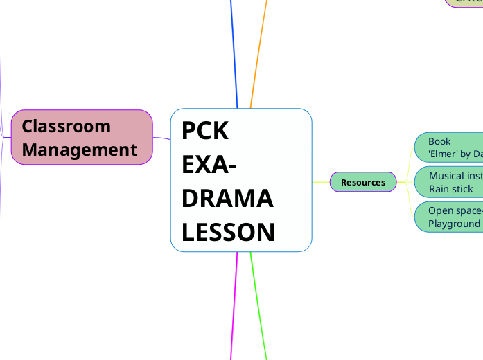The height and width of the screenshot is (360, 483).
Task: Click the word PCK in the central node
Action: click(205, 131)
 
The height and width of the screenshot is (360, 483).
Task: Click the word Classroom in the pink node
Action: click(66, 126)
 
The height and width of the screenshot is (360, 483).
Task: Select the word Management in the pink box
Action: click(79, 150)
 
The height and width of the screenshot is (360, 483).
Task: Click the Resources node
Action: click(363, 182)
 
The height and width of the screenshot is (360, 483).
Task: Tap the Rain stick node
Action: click(450, 183)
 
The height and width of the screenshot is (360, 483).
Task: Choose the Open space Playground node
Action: click(450, 217)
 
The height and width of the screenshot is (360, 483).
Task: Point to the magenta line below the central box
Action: click(234, 305)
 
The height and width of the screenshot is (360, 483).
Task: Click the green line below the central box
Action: click(258, 305)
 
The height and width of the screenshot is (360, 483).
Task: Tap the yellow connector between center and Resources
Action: click(321, 182)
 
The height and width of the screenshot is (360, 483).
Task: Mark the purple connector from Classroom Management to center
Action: click(161, 138)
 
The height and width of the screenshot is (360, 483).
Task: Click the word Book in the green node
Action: click(439, 141)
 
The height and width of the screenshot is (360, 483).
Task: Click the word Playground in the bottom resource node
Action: click(454, 224)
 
